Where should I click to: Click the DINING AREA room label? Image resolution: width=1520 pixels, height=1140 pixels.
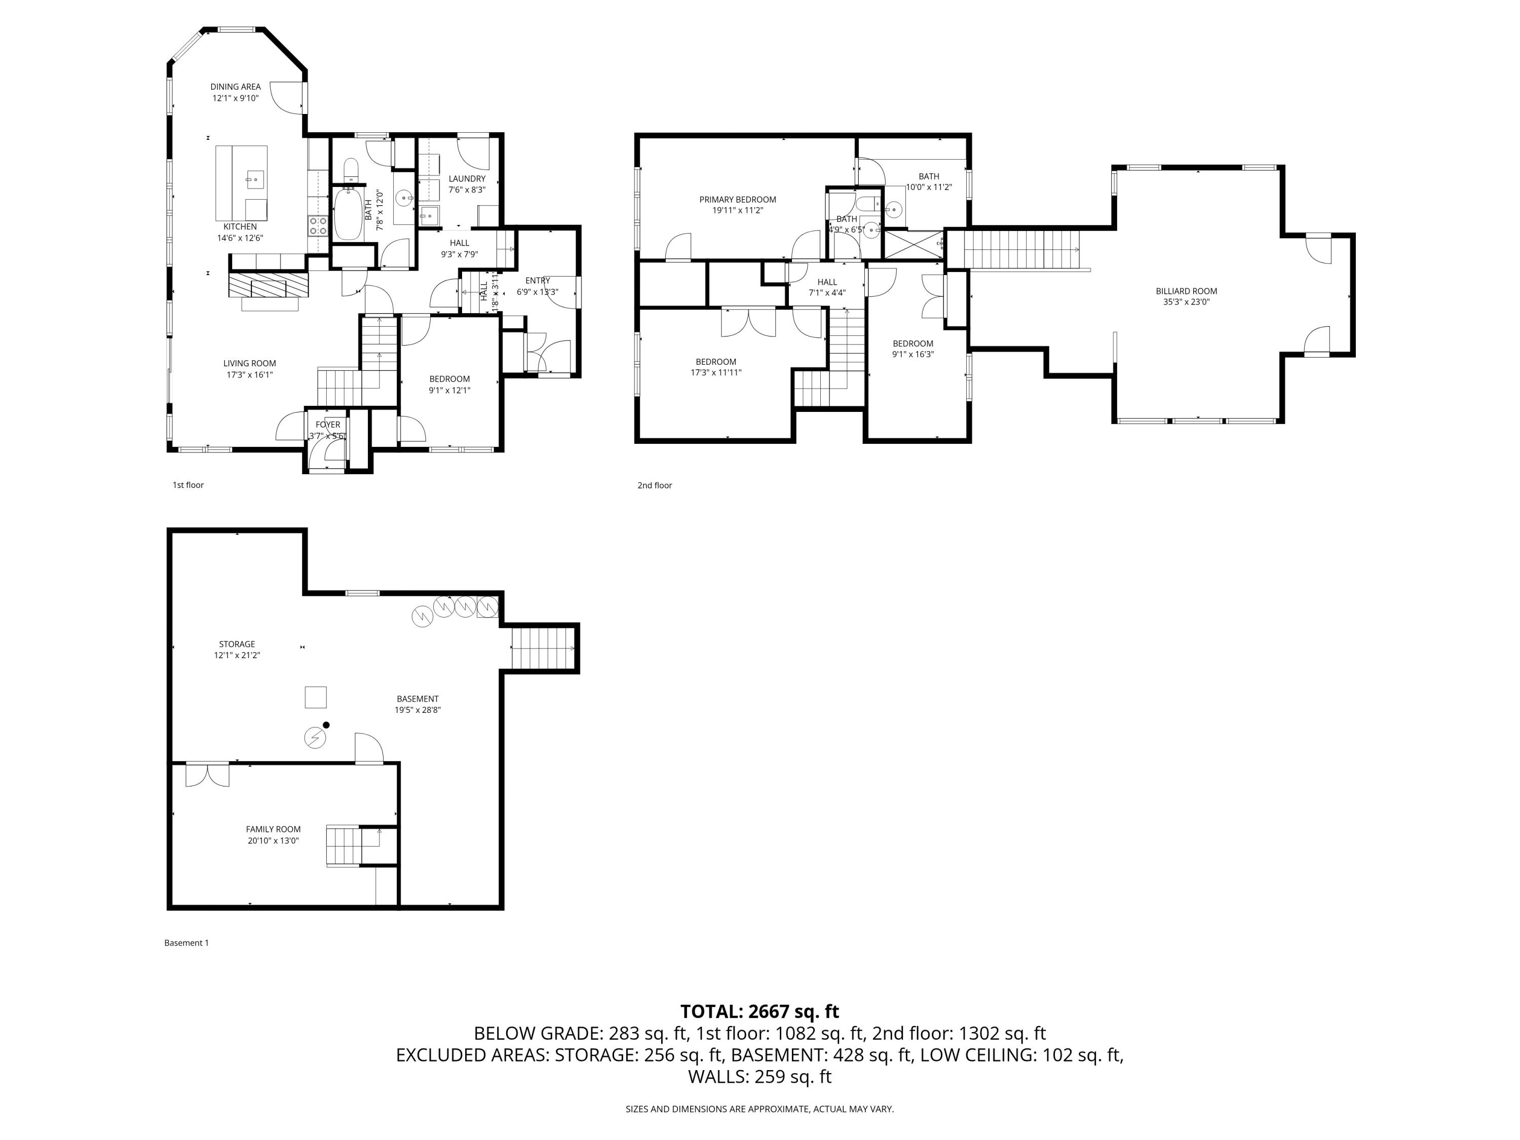235,87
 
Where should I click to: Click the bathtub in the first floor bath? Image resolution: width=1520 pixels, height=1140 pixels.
347,214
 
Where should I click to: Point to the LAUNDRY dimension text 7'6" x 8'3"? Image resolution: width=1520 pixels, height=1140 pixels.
467,189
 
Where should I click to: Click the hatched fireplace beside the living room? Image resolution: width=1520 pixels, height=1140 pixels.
268,284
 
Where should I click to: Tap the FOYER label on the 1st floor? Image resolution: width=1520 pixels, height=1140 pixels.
328,425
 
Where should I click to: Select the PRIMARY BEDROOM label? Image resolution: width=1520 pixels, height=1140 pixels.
737,199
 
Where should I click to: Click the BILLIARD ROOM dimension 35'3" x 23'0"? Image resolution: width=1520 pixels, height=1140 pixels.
1186,301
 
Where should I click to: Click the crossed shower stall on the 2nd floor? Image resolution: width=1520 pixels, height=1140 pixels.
913,244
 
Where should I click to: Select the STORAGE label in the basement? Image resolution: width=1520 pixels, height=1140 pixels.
237,644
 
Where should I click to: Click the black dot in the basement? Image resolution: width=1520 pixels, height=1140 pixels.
326,725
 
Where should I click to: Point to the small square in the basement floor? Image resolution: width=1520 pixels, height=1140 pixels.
316,698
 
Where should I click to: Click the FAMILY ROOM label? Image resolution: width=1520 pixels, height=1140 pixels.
274,829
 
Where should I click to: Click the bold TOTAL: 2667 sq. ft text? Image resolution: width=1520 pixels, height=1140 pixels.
759,1011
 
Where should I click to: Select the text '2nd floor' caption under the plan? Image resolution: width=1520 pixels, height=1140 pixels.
654,485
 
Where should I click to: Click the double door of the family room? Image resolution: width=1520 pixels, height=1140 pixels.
208,774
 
